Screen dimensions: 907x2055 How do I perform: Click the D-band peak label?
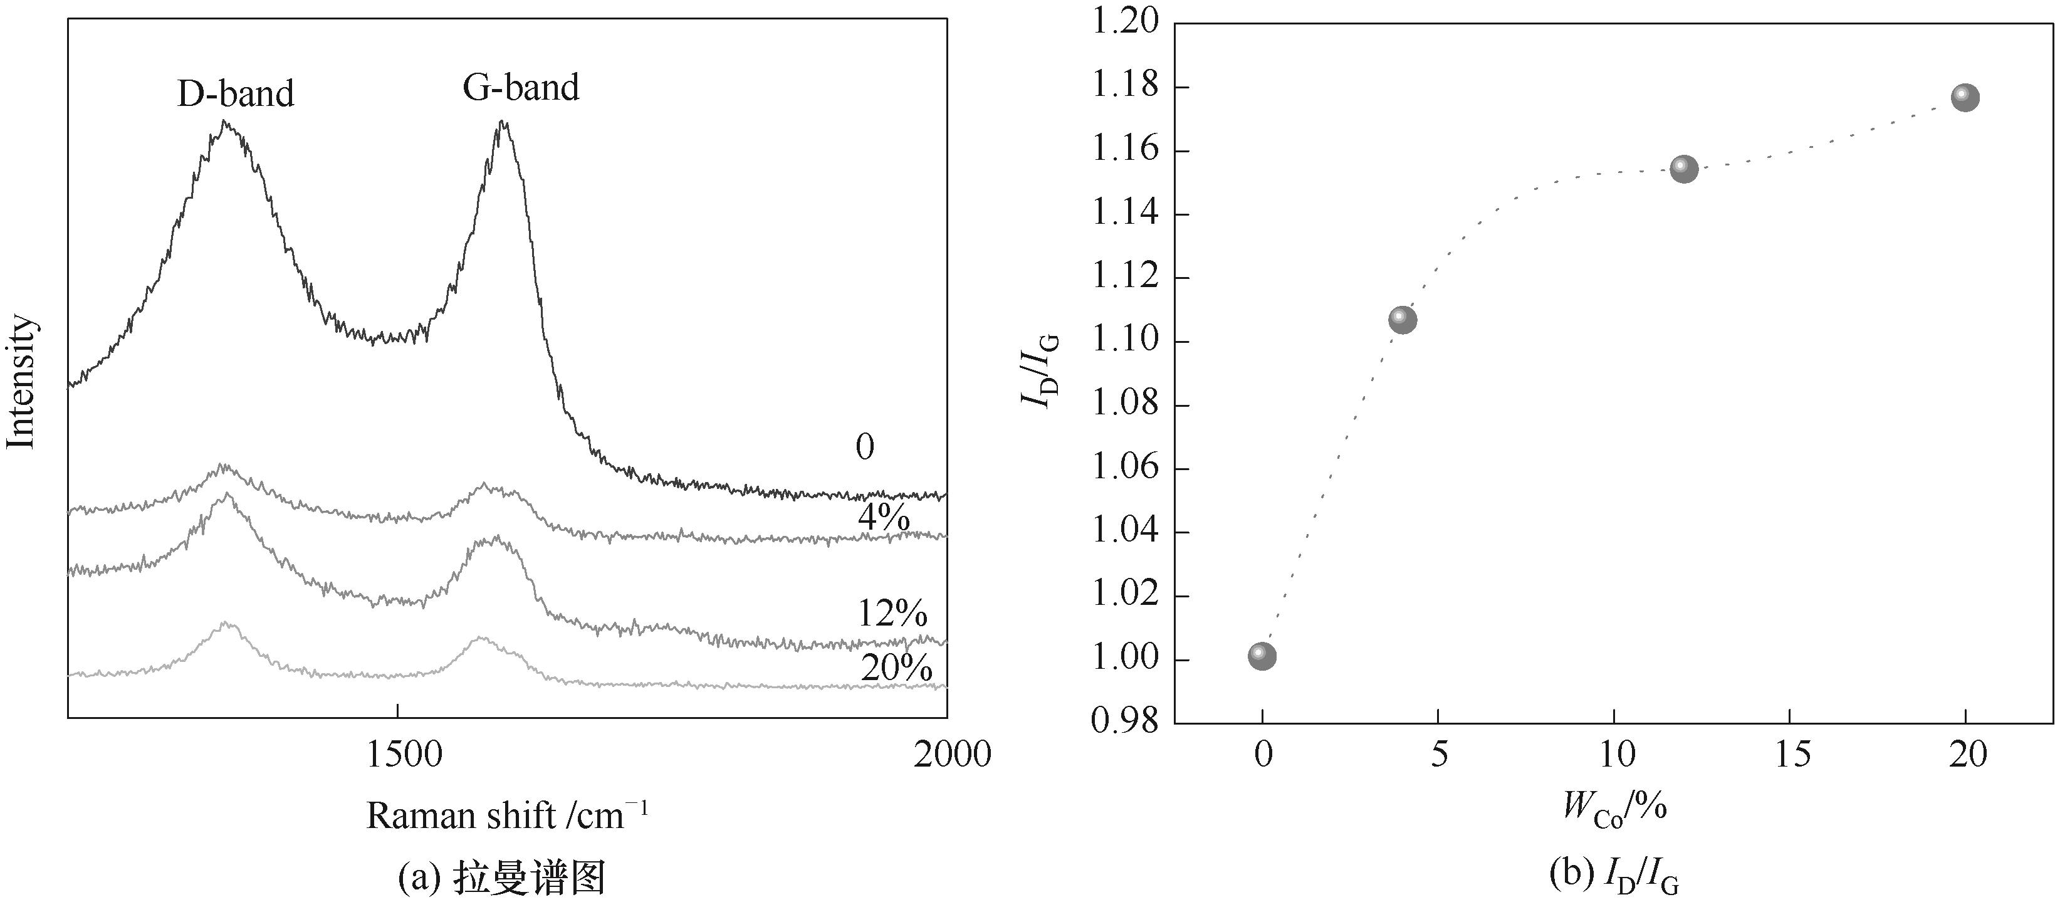236,94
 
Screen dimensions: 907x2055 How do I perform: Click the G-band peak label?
521,88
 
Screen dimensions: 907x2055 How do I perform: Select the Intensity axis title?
21,381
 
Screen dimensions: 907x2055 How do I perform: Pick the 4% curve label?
884,518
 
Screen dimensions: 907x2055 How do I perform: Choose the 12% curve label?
892,614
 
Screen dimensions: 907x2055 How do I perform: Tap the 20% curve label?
896,668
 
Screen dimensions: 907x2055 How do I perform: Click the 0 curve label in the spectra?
865,447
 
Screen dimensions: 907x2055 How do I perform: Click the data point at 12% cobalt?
1683,169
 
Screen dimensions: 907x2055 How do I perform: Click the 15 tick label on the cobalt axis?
1791,754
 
